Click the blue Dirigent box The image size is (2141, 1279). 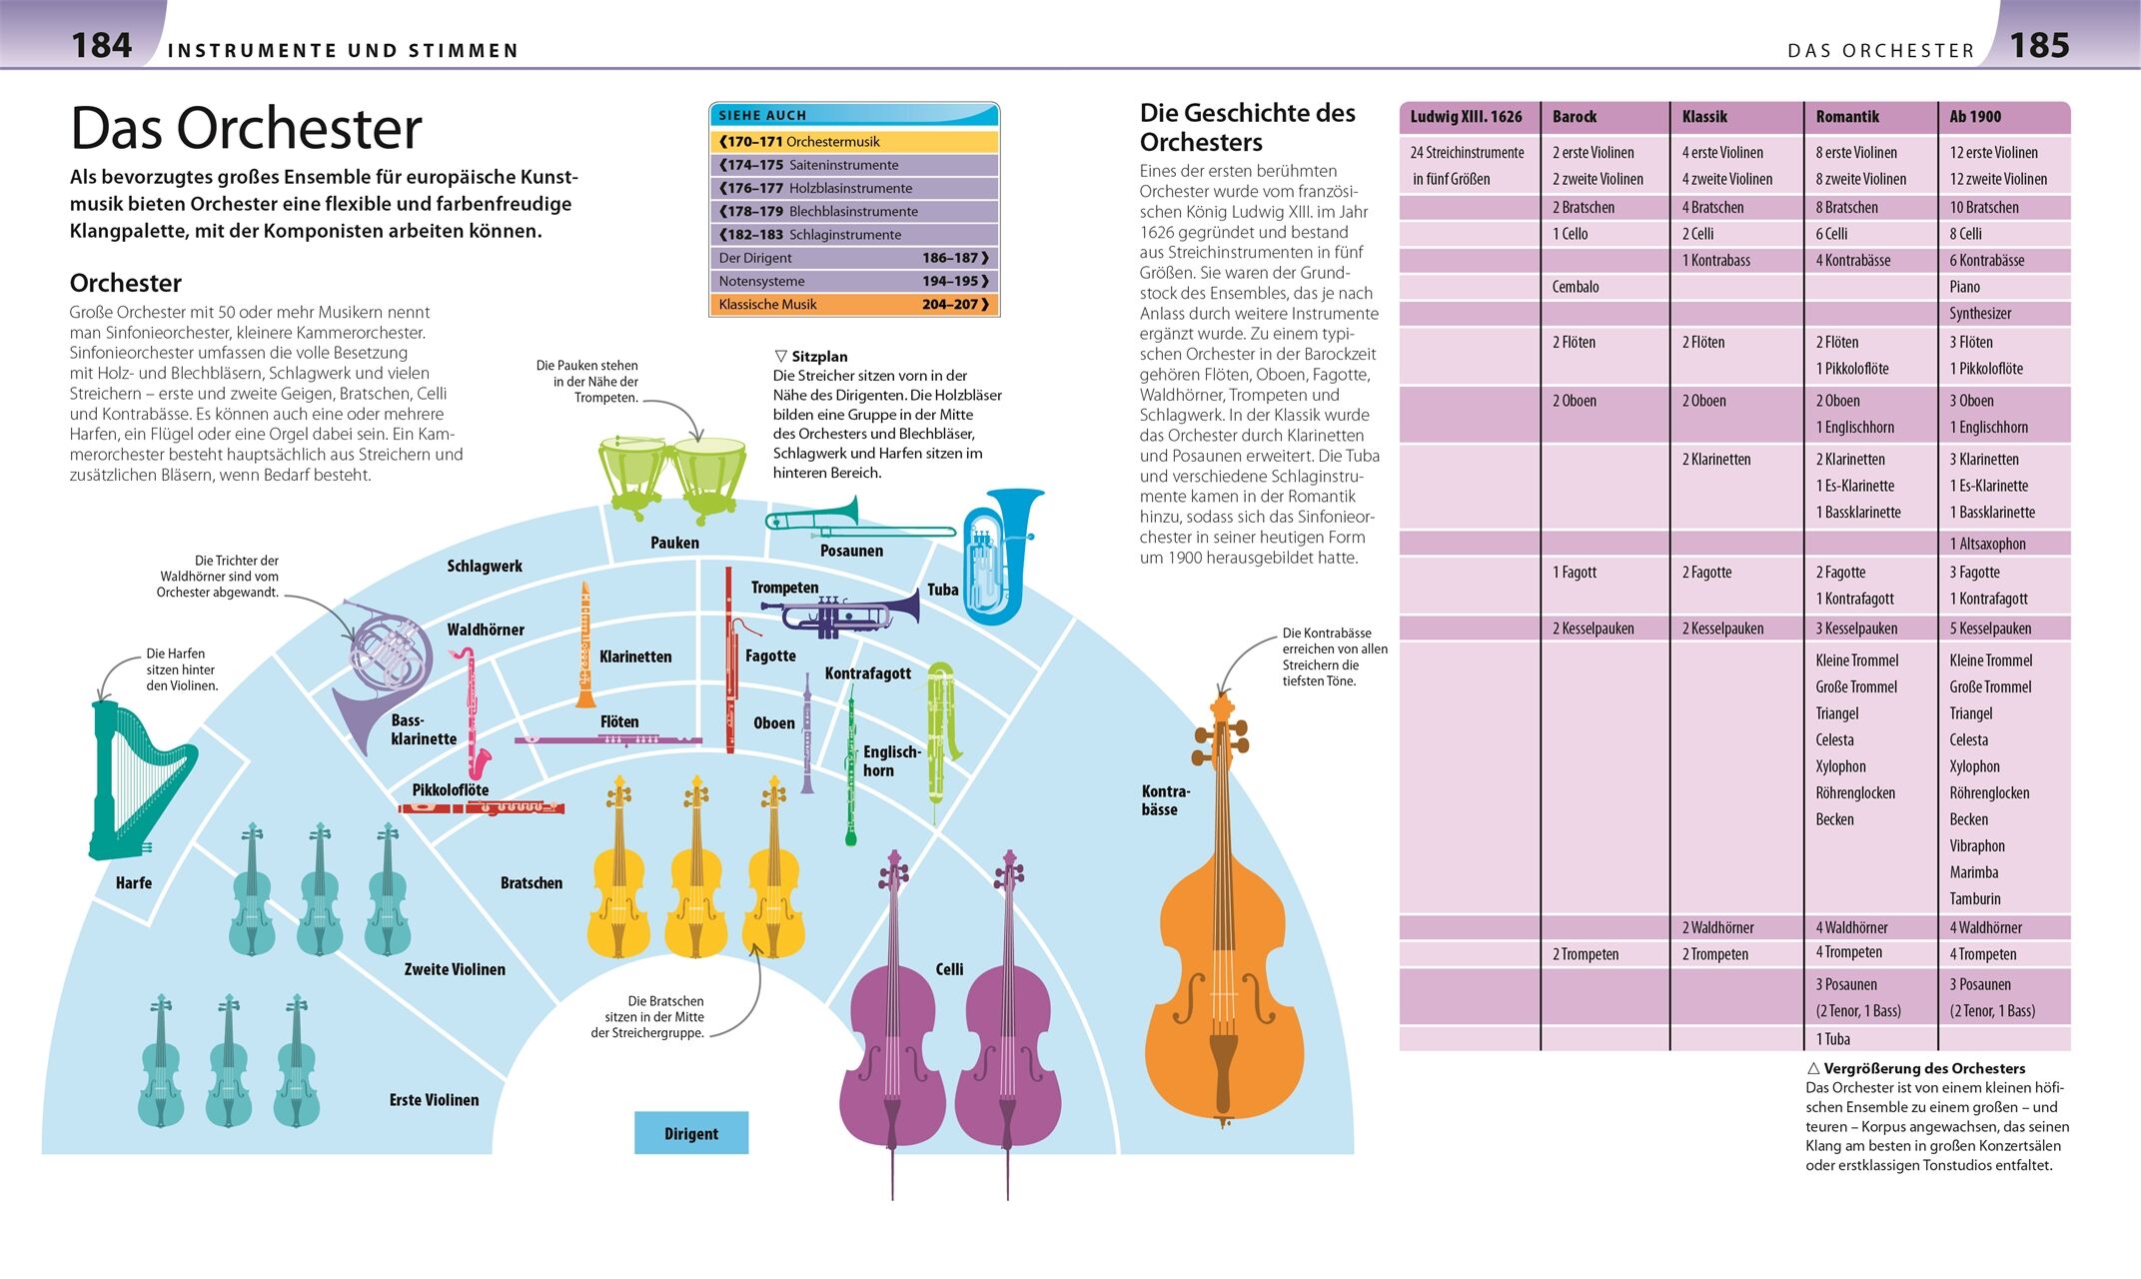pyautogui.click(x=691, y=1133)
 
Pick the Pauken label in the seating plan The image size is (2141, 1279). pyautogui.click(x=674, y=543)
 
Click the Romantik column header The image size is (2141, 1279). pyautogui.click(x=1847, y=117)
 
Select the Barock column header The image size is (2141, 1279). pyautogui.click(x=1575, y=117)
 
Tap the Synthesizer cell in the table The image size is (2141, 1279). pyautogui.click(x=1980, y=314)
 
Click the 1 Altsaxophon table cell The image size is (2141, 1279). pyautogui.click(x=1987, y=544)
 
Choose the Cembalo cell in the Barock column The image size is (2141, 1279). pyautogui.click(x=1576, y=287)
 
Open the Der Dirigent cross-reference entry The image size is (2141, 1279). pyautogui.click(x=853, y=258)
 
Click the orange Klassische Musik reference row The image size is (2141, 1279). pyautogui.click(x=853, y=305)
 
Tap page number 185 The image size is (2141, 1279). pyautogui.click(x=2039, y=45)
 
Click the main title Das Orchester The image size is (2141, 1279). pyautogui.click(x=246, y=128)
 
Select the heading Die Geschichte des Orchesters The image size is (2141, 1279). pyautogui.click(x=1247, y=127)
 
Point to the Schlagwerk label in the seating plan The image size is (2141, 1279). pyautogui.click(x=485, y=567)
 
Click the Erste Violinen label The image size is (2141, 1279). pyautogui.click(x=434, y=1100)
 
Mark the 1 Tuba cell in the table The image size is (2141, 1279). pyautogui.click(x=1832, y=1039)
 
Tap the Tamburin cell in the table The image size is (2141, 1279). pyautogui.click(x=1974, y=899)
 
